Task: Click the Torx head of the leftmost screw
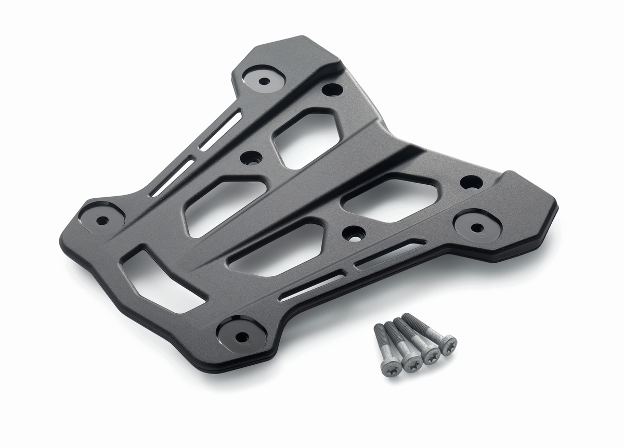tap(391, 367)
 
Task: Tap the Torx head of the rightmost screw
tap(448, 344)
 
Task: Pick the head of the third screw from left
tap(431, 354)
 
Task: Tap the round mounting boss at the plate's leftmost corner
tap(102, 220)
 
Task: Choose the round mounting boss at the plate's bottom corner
tap(241, 337)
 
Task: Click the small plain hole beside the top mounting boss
tap(332, 89)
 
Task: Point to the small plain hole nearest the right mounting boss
tap(471, 182)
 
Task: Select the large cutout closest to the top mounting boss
tap(307, 137)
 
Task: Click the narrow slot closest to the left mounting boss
tap(172, 178)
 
